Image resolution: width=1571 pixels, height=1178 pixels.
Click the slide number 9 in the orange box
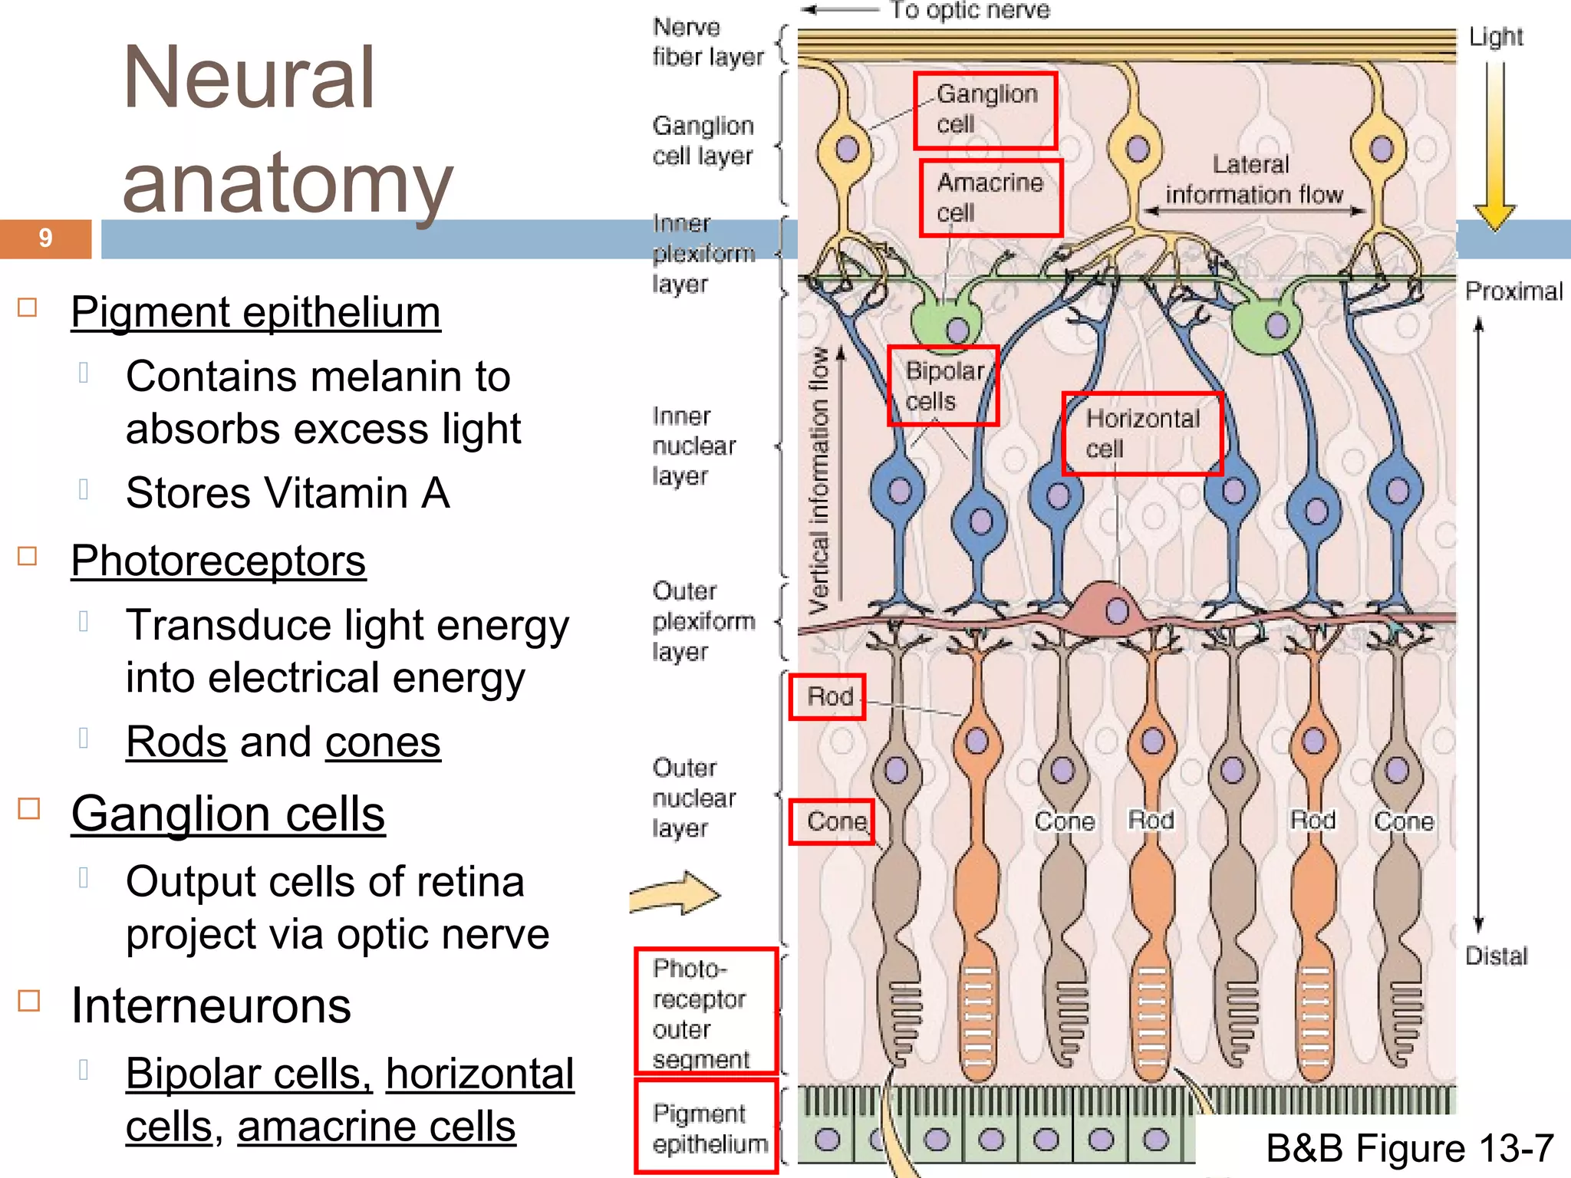click(x=45, y=239)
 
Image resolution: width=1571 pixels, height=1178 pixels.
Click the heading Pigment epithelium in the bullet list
click(x=255, y=313)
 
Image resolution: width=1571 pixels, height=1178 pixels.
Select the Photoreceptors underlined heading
click(x=218, y=561)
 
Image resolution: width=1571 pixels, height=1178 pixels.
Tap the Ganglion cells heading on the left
click(x=228, y=814)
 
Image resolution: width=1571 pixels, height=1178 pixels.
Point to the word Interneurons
click(x=211, y=1005)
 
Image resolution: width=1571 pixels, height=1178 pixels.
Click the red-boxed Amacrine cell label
click(x=990, y=198)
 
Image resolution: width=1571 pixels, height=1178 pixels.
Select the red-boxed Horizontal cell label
click(x=1141, y=434)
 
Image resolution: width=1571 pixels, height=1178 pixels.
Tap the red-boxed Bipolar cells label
click(x=943, y=386)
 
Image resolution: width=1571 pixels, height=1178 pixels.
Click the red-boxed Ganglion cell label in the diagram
click(x=986, y=110)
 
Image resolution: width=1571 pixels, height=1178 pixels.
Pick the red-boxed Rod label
click(x=828, y=697)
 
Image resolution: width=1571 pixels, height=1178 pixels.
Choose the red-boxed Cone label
click(x=832, y=821)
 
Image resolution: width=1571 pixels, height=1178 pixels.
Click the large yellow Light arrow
click(x=1494, y=146)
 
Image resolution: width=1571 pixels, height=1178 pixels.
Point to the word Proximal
click(x=1513, y=291)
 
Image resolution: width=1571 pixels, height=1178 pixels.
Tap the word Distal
click(x=1496, y=956)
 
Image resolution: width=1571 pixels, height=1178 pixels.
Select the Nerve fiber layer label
click(x=707, y=43)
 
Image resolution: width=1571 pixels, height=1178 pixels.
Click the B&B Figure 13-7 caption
click(x=1409, y=1149)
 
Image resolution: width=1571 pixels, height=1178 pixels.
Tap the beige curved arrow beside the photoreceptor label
click(x=675, y=893)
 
